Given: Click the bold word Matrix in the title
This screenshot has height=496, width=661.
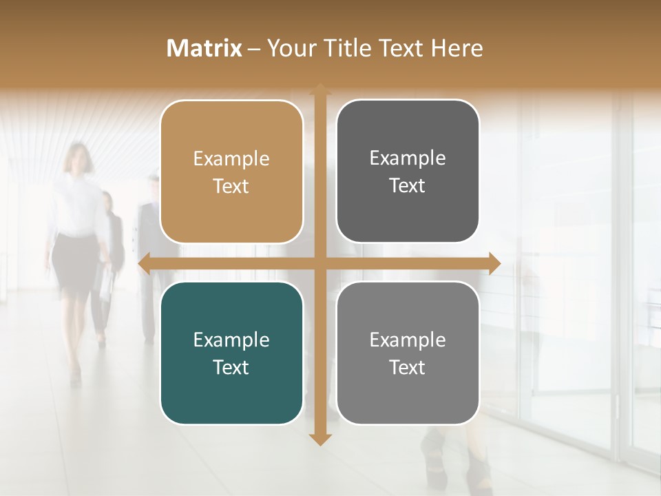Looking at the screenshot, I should (x=204, y=48).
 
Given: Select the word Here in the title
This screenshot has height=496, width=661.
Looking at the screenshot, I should (x=457, y=48).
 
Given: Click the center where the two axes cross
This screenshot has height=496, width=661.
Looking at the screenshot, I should (x=320, y=263).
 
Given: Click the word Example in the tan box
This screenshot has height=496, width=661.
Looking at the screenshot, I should (x=231, y=159).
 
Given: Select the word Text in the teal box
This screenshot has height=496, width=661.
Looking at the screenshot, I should (x=231, y=367).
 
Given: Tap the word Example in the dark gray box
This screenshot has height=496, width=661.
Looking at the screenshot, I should (x=408, y=158).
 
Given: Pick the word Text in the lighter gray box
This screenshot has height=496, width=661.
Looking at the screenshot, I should (x=408, y=367).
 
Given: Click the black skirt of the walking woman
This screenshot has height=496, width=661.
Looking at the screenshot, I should (x=75, y=265).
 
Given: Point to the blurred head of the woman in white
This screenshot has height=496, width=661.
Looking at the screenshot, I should (x=78, y=158).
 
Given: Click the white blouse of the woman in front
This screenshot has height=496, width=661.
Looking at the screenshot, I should (x=77, y=207).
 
